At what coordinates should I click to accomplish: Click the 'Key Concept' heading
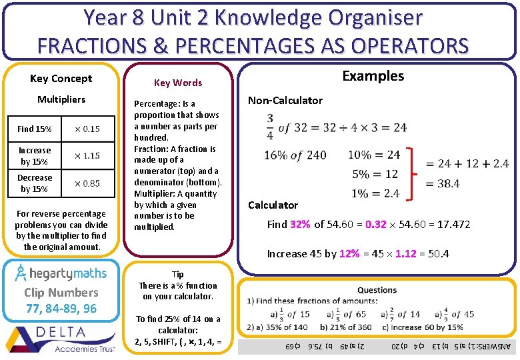61,78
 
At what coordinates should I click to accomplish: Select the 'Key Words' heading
178,83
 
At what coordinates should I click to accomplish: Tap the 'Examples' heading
373,76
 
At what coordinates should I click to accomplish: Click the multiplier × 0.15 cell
87,129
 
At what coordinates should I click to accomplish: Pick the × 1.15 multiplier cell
87,155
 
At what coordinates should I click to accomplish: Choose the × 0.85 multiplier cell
87,183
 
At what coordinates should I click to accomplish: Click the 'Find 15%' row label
35,129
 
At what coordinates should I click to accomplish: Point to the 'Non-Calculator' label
285,101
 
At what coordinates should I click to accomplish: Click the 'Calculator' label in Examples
273,205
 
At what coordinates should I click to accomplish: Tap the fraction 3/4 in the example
270,127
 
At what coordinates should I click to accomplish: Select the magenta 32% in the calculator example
300,225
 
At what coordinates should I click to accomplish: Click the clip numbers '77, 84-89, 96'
61,308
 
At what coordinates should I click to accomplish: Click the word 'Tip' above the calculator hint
177,274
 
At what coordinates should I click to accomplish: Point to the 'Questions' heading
377,290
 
